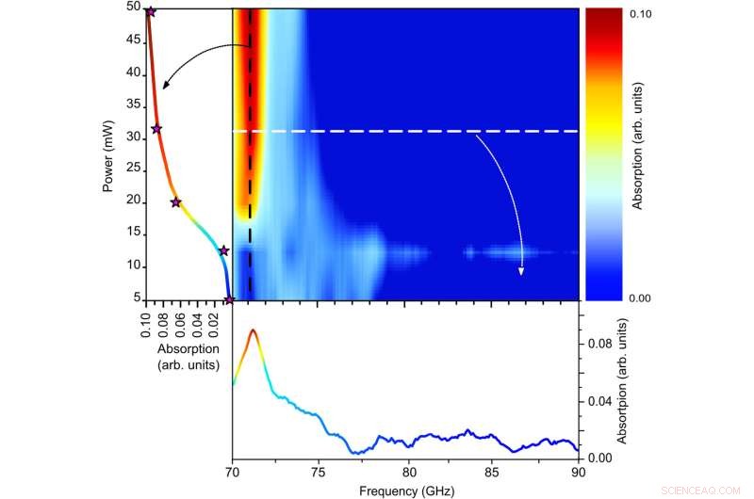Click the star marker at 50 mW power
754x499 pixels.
click(x=150, y=11)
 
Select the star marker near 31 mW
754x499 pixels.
click(x=156, y=129)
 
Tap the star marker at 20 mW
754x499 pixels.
click(x=175, y=202)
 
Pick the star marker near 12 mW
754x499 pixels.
click(x=223, y=250)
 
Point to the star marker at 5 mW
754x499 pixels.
click(x=229, y=300)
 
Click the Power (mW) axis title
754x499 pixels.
click(x=109, y=154)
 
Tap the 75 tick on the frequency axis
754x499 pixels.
click(x=319, y=471)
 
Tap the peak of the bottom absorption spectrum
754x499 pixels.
click(x=253, y=330)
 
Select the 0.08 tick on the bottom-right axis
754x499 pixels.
click(x=601, y=345)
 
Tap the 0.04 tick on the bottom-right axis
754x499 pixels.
click(x=601, y=401)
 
